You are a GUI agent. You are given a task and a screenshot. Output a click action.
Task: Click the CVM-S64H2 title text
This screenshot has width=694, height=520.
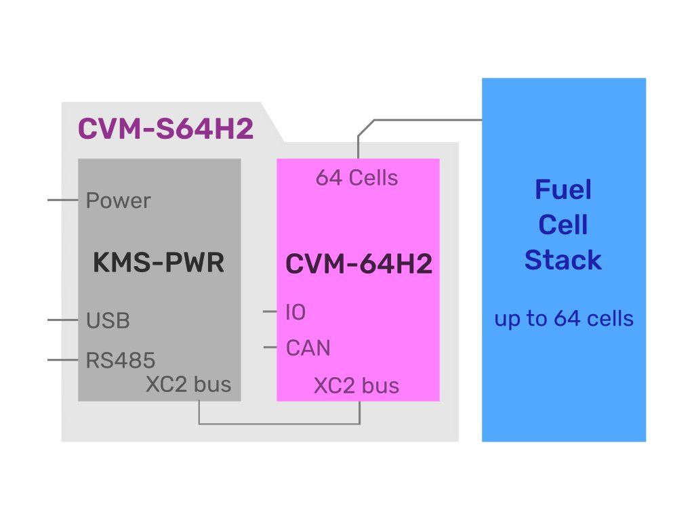tap(166, 129)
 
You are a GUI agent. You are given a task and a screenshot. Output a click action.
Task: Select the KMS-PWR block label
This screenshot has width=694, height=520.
tap(158, 263)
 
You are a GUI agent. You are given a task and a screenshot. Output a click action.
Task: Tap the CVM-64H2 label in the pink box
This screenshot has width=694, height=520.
tap(359, 264)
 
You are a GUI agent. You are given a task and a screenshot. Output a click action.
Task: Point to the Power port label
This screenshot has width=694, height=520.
tap(119, 201)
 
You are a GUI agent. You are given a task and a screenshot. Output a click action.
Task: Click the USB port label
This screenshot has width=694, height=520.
tap(108, 320)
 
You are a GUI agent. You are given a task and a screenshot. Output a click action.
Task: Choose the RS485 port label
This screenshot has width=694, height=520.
tap(120, 360)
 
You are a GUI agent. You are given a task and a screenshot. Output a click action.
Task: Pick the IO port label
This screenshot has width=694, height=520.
tap(295, 312)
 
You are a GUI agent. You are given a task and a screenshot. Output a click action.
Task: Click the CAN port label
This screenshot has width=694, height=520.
tap(308, 348)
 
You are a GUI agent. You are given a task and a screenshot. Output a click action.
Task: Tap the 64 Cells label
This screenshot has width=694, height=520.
tap(356, 178)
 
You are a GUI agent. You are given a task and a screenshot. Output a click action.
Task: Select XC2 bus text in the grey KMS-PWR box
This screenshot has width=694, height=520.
tap(188, 385)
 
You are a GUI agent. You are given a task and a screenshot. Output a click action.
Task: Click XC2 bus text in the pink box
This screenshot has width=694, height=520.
tap(356, 386)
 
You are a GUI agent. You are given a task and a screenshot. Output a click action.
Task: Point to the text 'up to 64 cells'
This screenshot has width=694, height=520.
tap(564, 318)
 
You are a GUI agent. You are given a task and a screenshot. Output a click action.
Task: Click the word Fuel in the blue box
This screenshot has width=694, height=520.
tap(563, 190)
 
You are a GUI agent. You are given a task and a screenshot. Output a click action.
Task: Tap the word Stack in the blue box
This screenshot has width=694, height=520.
tap(563, 260)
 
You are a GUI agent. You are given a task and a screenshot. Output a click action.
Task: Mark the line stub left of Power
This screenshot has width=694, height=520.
tap(63, 200)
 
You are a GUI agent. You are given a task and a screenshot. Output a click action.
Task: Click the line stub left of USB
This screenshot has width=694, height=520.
tap(63, 320)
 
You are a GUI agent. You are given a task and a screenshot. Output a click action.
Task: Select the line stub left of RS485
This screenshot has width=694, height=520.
tap(63, 360)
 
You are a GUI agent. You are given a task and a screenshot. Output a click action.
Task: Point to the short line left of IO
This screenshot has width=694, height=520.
tap(270, 312)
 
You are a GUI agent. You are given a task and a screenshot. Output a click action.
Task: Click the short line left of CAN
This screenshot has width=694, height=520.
tap(270, 348)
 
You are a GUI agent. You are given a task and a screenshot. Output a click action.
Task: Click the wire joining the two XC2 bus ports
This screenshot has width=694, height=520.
tap(279, 424)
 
